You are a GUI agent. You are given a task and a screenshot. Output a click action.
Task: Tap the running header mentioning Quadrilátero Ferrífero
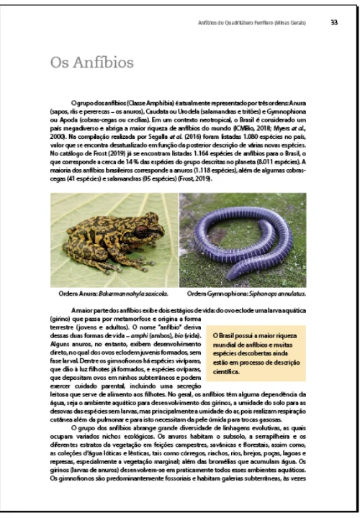(252, 23)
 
